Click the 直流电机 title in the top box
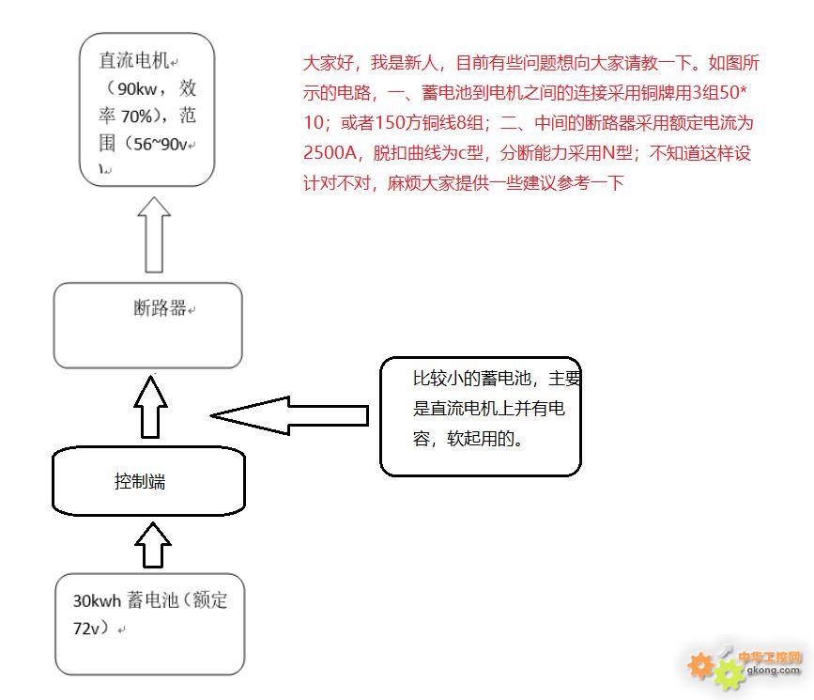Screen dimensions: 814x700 pos(134,60)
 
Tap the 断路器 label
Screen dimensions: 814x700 pos(160,307)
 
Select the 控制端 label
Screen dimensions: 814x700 pos(140,481)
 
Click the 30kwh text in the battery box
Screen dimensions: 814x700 pos(97,600)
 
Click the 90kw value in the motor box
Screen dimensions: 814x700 pos(137,89)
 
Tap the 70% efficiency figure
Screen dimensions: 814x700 pos(136,116)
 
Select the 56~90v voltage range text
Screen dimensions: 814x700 pos(160,144)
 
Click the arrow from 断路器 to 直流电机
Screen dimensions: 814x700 pos(154,234)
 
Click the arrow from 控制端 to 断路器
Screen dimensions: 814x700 pos(150,407)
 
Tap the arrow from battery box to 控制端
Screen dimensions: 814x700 pos(153,545)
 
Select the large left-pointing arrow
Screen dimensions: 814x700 pos(290,415)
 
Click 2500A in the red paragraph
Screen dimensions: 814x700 pos(330,153)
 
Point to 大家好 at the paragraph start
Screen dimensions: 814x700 pos(328,62)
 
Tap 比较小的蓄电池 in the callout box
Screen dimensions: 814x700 pos(472,379)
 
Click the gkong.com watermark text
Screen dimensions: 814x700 pos(773,670)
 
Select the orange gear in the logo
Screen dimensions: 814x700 pos(700,665)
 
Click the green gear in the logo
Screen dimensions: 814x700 pos(730,673)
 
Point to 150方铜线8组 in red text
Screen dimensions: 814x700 pos(429,123)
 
